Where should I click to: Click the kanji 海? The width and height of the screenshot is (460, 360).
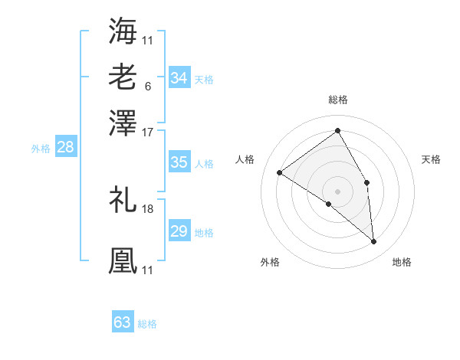pos(123,31)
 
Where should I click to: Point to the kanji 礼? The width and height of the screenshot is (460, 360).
pos(123,199)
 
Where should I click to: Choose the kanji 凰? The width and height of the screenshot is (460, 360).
pos(123,260)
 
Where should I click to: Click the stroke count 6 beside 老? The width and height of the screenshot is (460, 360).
pos(147,86)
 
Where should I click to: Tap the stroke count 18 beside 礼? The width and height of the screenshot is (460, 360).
pos(148,208)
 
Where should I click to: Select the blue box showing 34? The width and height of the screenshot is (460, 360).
pos(179,78)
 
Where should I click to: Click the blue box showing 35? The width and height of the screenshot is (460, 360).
pos(179,162)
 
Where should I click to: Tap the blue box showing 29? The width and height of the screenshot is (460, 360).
pos(179,231)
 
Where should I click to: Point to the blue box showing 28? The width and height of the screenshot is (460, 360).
pos(65,148)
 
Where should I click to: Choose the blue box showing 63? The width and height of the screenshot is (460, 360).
pos(122,322)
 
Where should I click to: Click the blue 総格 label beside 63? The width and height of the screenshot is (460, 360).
pos(147,324)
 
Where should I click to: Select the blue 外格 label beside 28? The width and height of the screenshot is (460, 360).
pos(41,149)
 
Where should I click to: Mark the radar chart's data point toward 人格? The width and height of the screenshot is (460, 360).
pos(280,172)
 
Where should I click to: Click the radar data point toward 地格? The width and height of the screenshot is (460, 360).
pos(373,242)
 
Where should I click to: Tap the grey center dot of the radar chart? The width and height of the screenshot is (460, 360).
pos(338,191)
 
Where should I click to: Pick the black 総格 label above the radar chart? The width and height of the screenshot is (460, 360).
pos(338,100)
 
